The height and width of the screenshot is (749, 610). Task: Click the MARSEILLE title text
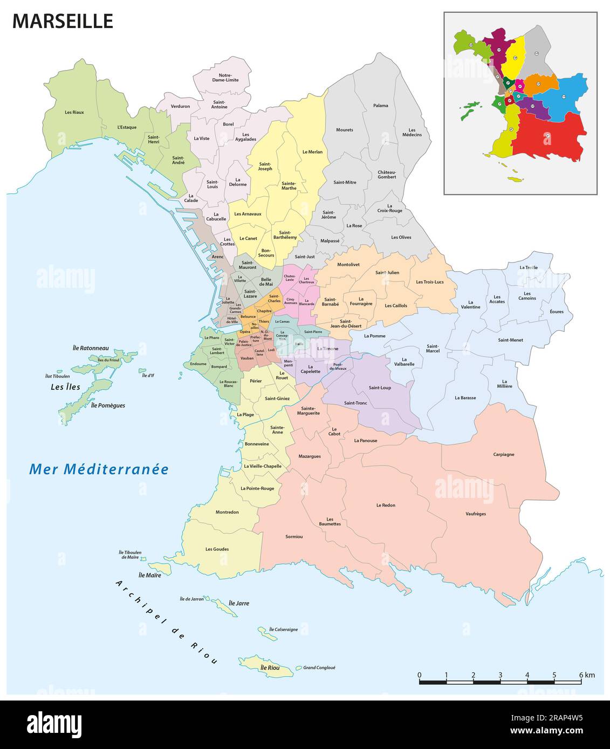[63, 21]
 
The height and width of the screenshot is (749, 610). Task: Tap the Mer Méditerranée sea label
[99, 469]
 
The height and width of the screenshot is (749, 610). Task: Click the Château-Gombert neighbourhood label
[387, 174]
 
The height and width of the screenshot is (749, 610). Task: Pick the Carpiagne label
[503, 454]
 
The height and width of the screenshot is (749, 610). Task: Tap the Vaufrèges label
[476, 514]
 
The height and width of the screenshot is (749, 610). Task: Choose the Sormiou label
[294, 537]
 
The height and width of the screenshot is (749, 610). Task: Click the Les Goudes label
[217, 549]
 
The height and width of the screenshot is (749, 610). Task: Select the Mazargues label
[310, 456]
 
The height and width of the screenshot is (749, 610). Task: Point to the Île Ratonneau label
[91, 348]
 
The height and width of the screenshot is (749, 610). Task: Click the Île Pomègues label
[108, 405]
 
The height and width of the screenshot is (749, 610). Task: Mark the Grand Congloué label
[319, 668]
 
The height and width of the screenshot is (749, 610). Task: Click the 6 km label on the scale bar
[586, 675]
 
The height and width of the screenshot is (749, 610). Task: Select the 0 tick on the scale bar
[420, 675]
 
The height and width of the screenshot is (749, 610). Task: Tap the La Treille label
[528, 267]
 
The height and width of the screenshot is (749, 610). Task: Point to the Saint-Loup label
[380, 387]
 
